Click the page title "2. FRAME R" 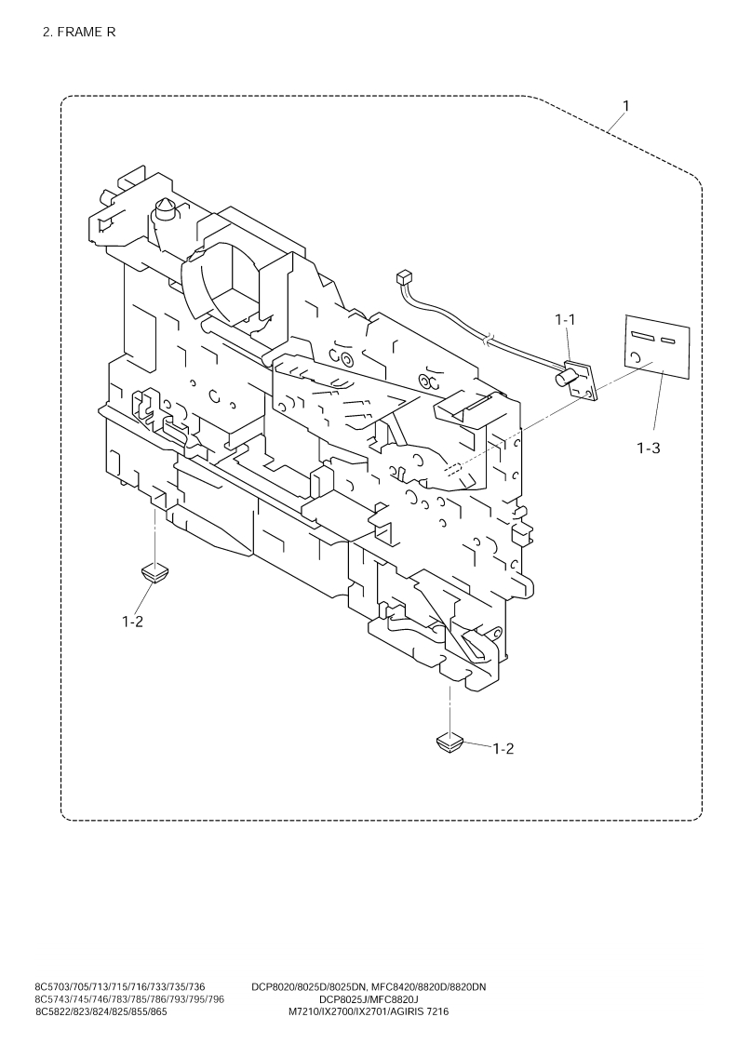(78, 33)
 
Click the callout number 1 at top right (625, 106)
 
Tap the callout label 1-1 (566, 319)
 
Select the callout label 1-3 (648, 448)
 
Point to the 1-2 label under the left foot (132, 622)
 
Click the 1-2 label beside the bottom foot (503, 748)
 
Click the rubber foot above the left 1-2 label (154, 572)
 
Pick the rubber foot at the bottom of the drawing (449, 743)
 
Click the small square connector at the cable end (403, 276)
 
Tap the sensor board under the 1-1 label (582, 381)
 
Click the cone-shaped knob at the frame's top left (166, 209)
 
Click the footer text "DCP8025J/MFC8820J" (369, 999)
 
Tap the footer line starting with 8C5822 (101, 1011)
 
